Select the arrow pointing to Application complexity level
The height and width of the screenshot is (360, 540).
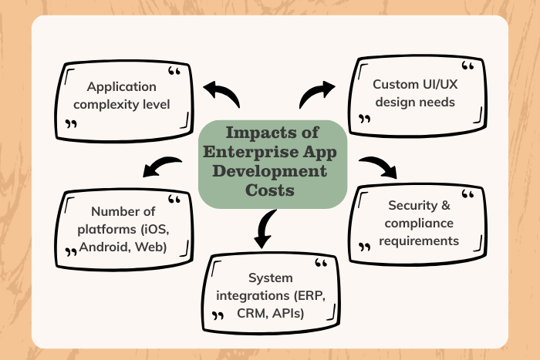(221, 96)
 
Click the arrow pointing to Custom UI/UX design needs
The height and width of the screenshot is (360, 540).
(317, 94)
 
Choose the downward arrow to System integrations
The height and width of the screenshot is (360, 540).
(265, 229)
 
